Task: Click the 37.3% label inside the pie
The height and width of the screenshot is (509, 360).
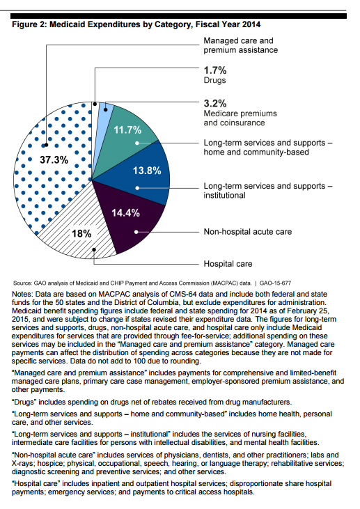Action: pos(54,159)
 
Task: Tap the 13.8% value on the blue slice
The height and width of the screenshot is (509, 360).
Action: pos(147,171)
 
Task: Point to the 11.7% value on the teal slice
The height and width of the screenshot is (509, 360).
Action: pos(127,130)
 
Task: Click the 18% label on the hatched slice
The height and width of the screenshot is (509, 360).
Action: pos(81,233)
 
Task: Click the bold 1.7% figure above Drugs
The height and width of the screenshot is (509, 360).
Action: pos(215,70)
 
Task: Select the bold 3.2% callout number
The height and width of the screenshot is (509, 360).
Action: pos(215,103)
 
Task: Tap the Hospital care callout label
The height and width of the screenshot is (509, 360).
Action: pos(228,264)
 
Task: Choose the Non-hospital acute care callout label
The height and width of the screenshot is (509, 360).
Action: pos(248,232)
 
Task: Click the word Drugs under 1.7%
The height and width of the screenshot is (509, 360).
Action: pos(214,80)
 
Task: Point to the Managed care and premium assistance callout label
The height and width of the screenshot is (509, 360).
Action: pos(241,45)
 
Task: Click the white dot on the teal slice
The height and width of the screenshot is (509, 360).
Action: pos(137,143)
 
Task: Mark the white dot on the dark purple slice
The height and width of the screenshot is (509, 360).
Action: pos(136,232)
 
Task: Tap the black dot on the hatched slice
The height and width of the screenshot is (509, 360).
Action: pos(94,250)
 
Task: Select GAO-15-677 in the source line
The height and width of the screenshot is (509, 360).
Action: pos(275,283)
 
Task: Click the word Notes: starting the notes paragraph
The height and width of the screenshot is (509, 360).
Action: pos(22,294)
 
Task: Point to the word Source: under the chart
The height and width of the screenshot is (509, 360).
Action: pos(23,283)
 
